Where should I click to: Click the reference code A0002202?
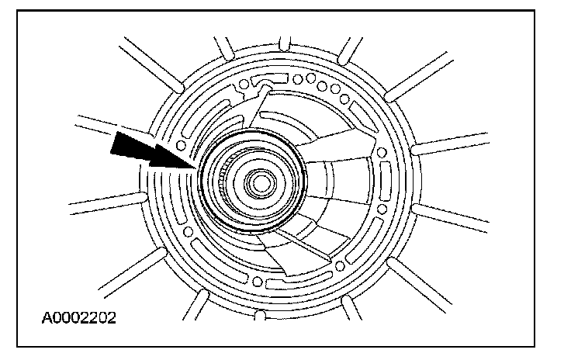pyautogui.click(x=78, y=318)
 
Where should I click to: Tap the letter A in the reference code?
pyautogui.click(x=47, y=318)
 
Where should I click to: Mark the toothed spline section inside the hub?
pyautogui.click(x=223, y=179)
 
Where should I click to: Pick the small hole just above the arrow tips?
pyautogui.click(x=181, y=146)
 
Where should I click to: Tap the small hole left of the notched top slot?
pyautogui.click(x=244, y=85)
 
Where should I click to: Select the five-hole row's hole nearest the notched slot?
pyautogui.click(x=297, y=79)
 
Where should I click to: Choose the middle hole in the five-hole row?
pyautogui.click(x=322, y=86)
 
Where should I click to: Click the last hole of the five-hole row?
pyautogui.click(x=344, y=99)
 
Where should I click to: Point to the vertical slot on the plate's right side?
pyautogui.click(x=386, y=181)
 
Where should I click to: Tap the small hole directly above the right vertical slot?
pyautogui.click(x=381, y=152)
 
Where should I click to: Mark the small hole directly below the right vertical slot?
pyautogui.click(x=382, y=209)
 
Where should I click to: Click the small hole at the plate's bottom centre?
pyautogui.click(x=258, y=281)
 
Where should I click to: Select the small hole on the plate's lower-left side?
pyautogui.click(x=189, y=231)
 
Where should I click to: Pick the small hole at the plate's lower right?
pyautogui.click(x=340, y=266)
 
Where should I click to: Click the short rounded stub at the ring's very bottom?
pyautogui.click(x=260, y=315)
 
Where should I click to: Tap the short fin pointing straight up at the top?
pyautogui.click(x=285, y=43)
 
